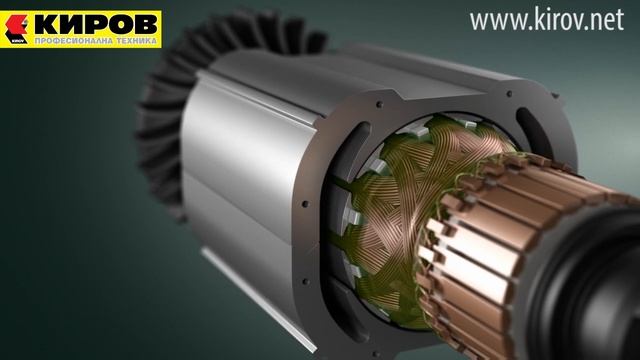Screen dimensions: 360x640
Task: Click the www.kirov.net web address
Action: pyautogui.click(x=554, y=21)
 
